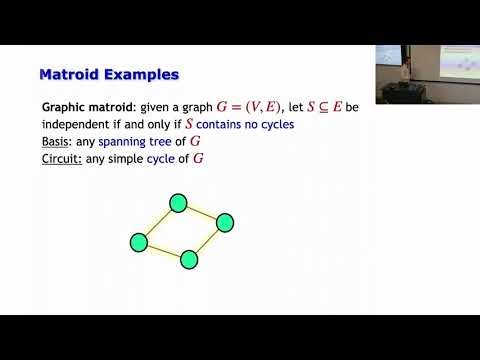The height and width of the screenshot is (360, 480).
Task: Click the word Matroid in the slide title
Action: point(71,74)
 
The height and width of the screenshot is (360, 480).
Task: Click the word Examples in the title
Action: point(142,74)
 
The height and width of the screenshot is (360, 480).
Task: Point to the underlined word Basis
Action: point(59,142)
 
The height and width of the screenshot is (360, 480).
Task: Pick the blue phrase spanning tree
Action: point(137,142)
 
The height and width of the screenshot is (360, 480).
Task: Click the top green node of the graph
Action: point(178,204)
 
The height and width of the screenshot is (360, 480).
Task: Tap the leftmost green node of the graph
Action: point(139,241)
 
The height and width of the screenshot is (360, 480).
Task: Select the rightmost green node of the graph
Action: point(225,222)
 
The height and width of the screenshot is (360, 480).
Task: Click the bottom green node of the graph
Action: point(187,259)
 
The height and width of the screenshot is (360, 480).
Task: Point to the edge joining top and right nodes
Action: point(201,213)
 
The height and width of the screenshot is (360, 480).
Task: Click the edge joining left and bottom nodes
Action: point(163,250)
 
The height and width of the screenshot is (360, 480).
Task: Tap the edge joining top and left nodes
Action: point(158,223)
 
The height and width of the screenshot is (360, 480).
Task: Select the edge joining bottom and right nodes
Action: point(206,241)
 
